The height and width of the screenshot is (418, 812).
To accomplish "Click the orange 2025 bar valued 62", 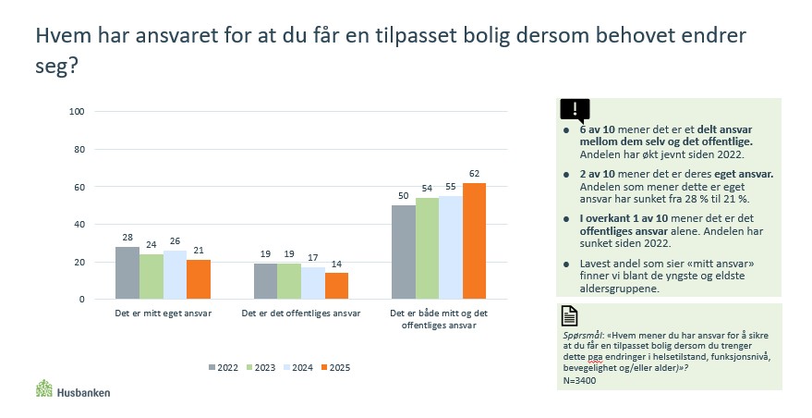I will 474,241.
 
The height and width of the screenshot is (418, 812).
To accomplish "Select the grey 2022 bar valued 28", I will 127,273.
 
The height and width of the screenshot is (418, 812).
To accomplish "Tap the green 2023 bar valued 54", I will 428,249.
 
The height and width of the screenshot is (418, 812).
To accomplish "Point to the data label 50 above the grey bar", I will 404,196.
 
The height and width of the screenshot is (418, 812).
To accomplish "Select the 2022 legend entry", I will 222,367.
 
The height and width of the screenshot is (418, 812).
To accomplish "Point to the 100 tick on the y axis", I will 78,112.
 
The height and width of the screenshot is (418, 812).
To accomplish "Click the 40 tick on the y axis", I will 80,225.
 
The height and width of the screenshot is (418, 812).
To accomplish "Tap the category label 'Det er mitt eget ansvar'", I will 162,313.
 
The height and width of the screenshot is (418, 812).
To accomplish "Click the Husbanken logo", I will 73,390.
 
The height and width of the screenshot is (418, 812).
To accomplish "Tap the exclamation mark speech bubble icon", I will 575,110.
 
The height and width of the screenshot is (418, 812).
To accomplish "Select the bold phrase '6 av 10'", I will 598,130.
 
